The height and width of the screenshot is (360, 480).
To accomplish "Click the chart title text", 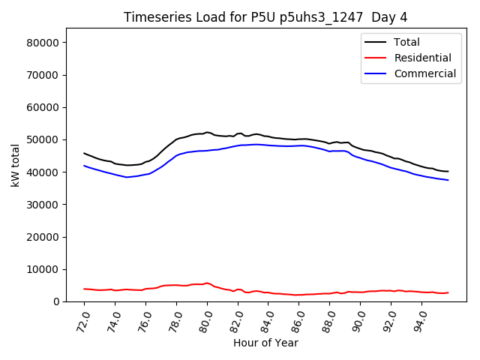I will click(x=266, y=17).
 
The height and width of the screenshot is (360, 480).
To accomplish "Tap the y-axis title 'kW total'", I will click(x=16, y=165).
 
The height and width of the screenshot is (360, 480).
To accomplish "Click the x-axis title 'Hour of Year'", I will click(x=265, y=343).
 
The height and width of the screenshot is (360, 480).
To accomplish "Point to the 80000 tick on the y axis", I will click(x=43, y=43).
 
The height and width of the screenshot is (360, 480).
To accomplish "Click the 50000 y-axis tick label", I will click(x=43, y=140).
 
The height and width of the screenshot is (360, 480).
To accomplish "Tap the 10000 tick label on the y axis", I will click(x=43, y=269).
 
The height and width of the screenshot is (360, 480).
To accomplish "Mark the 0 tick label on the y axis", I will click(x=56, y=301).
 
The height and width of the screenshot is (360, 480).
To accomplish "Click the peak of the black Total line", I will click(x=207, y=132).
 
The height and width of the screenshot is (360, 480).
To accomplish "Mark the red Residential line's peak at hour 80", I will click(x=207, y=283).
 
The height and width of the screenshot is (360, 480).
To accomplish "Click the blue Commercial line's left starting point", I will click(x=84, y=166).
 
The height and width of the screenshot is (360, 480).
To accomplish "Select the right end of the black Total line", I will click(x=448, y=171).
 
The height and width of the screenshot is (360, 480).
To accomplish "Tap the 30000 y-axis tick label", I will click(x=43, y=205).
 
